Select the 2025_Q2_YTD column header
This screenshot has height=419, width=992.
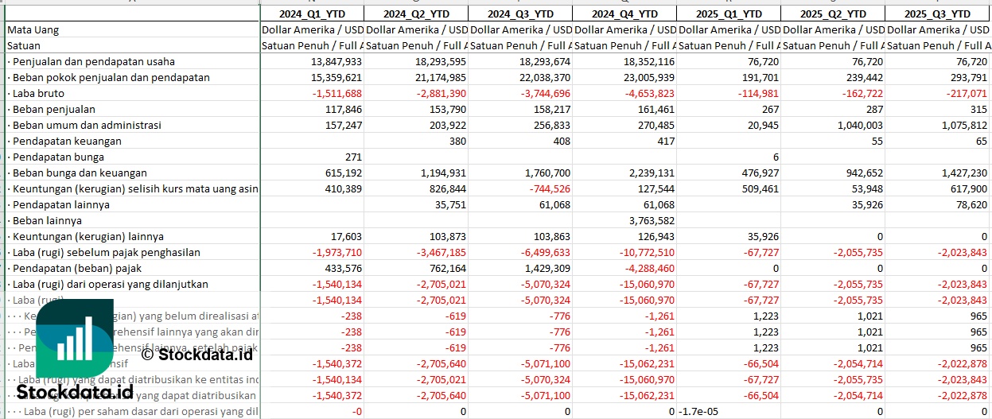click(832, 14)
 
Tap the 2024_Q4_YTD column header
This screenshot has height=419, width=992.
click(624, 14)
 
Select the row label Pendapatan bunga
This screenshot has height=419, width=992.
click(54, 157)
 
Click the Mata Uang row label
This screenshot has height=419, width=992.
click(33, 29)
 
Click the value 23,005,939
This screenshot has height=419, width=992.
click(645, 77)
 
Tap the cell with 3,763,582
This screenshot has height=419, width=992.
click(648, 220)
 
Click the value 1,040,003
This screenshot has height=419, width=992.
click(854, 125)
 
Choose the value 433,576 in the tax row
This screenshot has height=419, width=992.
click(338, 268)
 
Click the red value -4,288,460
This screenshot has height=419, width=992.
click(646, 268)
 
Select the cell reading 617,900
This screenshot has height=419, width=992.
click(965, 188)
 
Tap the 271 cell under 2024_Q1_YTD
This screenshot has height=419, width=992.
click(351, 157)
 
